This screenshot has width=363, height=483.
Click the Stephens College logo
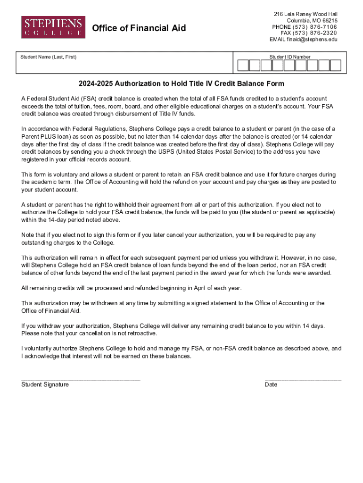coord(53,27)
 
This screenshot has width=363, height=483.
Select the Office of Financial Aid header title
coord(139,28)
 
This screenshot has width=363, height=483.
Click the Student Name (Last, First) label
coord(48,57)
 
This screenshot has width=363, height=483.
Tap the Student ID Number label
coord(290,57)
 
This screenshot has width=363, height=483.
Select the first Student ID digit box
coord(243,66)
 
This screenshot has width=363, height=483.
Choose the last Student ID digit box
coord(336,66)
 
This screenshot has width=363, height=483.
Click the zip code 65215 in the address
coord(329,21)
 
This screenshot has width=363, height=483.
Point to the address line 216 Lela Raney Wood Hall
coord(305,14)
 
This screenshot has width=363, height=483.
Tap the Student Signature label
coord(45,384)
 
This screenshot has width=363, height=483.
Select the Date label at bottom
coord(271,384)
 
